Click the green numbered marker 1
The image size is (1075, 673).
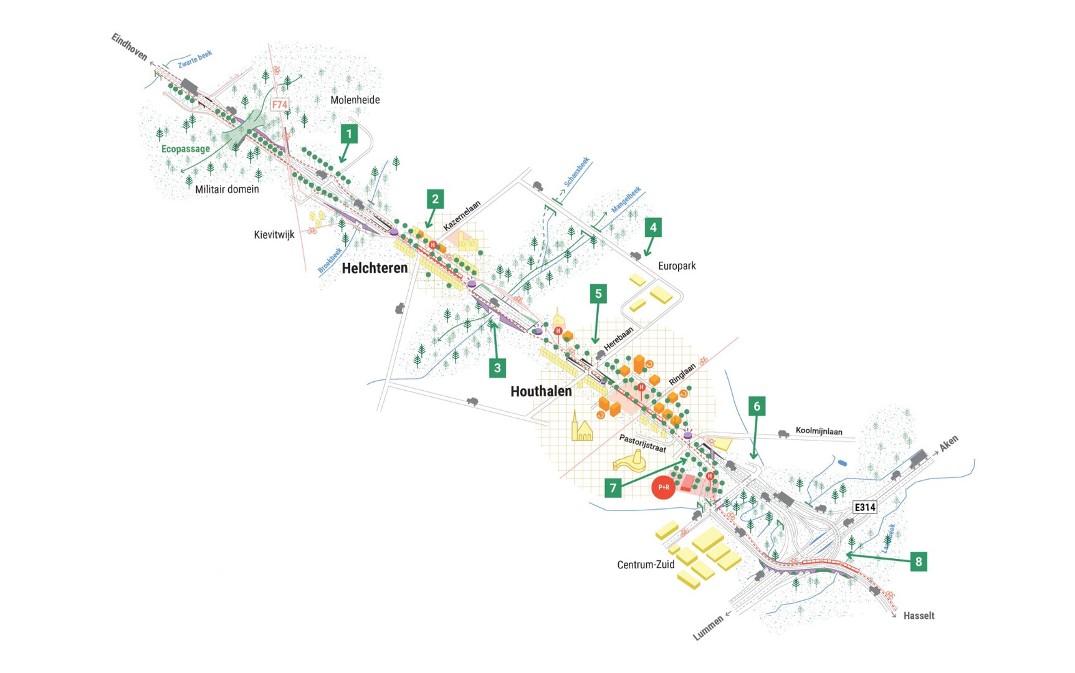click(x=349, y=133)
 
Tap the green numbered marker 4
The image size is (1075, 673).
click(x=653, y=227)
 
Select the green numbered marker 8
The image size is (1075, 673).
click(x=918, y=561)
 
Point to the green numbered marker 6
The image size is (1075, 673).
click(x=757, y=406)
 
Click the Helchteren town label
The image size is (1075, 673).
click(x=375, y=268)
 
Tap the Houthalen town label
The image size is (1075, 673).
click(x=541, y=391)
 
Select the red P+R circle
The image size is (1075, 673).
click(x=663, y=487)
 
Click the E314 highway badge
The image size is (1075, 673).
click(x=864, y=507)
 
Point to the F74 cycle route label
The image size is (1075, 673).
click(x=280, y=105)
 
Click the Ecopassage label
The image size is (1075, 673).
click(x=186, y=149)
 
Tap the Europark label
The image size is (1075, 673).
click(x=677, y=266)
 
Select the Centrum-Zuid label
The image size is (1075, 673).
click(x=646, y=565)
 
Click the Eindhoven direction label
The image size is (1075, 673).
click(x=129, y=47)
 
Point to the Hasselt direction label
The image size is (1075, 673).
click(x=919, y=616)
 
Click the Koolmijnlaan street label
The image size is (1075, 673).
click(x=819, y=431)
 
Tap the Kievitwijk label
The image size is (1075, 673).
click(x=274, y=235)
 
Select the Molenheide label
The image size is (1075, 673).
click(x=355, y=100)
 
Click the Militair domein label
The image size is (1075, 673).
click(x=227, y=189)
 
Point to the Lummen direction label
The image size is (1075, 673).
click(x=709, y=628)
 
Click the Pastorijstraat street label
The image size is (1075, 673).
click(x=643, y=443)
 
